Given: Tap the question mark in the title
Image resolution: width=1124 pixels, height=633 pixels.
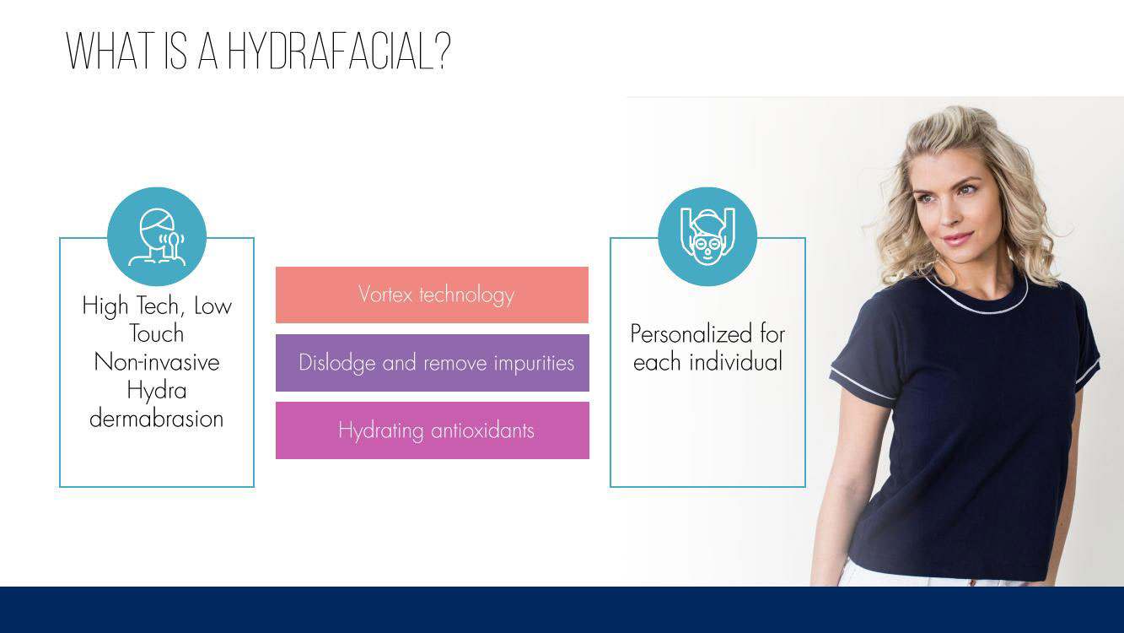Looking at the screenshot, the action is pyautogui.click(x=442, y=51).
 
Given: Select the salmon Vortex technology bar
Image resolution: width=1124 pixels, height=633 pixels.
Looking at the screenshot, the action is pyautogui.click(x=432, y=295).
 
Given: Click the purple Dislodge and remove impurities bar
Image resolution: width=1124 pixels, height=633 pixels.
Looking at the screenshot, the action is pyautogui.click(x=432, y=363).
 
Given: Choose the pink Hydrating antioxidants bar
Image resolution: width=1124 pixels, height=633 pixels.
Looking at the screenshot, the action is pyautogui.click(x=432, y=430).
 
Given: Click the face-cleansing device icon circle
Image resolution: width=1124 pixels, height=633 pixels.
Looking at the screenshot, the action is pyautogui.click(x=157, y=236).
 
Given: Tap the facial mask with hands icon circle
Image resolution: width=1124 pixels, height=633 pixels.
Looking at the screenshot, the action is pyautogui.click(x=707, y=236).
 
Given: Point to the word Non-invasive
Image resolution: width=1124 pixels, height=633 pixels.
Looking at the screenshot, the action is pyautogui.click(x=157, y=362).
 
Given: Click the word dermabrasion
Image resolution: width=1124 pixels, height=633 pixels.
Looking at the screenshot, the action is pyautogui.click(x=157, y=419).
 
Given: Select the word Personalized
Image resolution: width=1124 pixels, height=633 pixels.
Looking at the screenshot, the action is pyautogui.click(x=691, y=333).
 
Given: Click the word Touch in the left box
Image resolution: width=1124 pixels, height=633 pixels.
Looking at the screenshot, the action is pyautogui.click(x=157, y=333).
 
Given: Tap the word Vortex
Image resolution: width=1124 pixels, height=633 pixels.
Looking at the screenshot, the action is pyautogui.click(x=385, y=295).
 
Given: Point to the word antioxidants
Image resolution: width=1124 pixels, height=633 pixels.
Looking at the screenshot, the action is pyautogui.click(x=482, y=430).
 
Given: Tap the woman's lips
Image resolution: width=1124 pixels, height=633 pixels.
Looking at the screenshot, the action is pyautogui.click(x=957, y=238).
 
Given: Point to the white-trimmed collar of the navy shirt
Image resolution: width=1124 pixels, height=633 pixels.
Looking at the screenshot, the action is pyautogui.click(x=976, y=302).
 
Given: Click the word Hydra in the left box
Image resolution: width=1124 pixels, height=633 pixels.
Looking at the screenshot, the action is pyautogui.click(x=157, y=390).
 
